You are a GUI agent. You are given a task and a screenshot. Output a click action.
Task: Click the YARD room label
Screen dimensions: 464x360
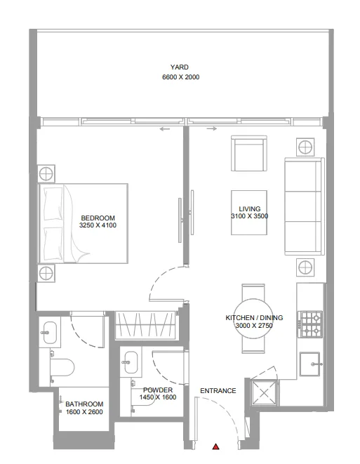pos(180,67)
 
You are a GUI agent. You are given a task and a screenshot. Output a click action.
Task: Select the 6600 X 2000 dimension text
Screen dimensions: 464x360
pos(180,77)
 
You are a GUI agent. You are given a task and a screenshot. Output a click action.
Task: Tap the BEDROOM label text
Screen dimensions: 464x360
pos(98,218)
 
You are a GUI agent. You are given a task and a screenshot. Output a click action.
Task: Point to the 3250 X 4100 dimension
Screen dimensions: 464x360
pos(98,226)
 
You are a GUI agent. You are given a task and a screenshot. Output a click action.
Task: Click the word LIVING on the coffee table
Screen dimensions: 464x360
pos(249,209)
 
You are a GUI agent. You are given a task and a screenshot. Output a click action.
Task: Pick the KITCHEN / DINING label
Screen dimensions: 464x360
pos(248,318)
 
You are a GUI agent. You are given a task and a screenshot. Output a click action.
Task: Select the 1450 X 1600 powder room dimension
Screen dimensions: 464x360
pos(157,397)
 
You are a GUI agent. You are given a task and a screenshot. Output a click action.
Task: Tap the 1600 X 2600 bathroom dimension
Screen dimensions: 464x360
pos(84,413)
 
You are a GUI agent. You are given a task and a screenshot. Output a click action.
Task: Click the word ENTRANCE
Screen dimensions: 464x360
pos(218,391)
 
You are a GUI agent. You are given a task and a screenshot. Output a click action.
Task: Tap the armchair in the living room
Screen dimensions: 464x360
pos(249,153)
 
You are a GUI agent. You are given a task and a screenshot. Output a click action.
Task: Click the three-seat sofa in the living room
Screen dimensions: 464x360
pos(304,207)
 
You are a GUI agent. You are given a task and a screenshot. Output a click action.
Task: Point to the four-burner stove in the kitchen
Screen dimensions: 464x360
pos(310,324)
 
